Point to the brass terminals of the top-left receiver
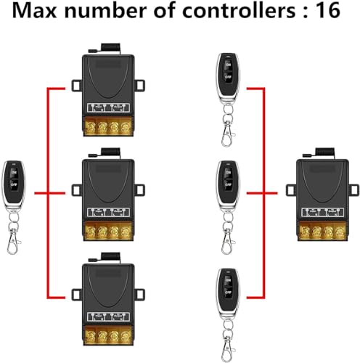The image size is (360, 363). tap(109, 128)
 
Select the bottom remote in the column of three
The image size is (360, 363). tap(226, 290)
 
